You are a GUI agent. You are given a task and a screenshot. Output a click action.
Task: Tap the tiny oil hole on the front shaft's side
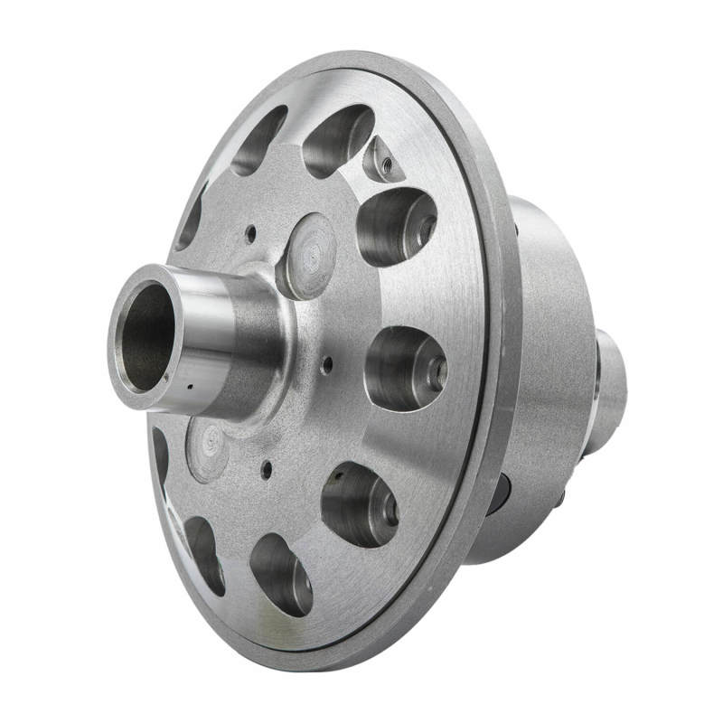pos(191,390)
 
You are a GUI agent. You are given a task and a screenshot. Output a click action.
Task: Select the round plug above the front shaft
pos(306,256)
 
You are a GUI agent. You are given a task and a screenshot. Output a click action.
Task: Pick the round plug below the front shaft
pos(207,449)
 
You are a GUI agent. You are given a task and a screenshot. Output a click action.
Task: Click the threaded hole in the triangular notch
pos(383,163)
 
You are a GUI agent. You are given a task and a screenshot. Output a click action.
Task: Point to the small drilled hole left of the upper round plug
pos(250,234)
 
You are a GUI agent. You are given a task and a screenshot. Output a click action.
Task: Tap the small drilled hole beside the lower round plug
pos(267,469)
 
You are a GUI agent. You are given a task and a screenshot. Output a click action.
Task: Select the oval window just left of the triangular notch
pos(337,140)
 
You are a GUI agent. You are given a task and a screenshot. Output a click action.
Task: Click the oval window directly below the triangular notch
pos(396,227)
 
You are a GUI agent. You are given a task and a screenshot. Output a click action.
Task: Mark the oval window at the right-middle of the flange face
pos(405,368)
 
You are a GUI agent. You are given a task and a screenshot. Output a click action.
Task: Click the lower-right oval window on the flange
pos(360,504)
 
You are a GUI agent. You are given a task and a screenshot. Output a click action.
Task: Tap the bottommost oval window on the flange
pos(281,574)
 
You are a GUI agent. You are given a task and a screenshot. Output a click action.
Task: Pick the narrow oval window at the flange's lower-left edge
pos(204,554)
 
